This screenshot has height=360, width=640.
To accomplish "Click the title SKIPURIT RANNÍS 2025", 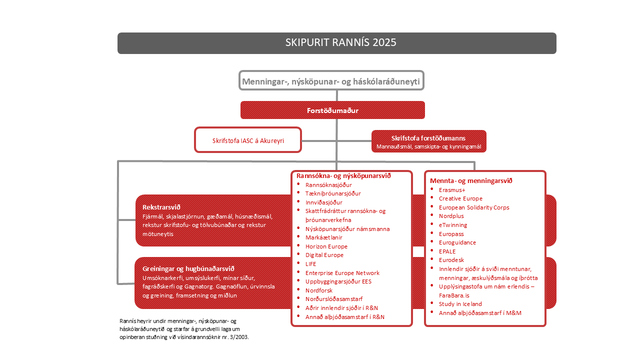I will pos(340,42).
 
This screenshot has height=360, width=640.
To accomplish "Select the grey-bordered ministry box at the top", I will pos(331,81).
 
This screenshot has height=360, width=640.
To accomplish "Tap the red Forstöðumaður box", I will pos(332,110).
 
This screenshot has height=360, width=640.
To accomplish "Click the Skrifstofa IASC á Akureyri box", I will pos(248,140).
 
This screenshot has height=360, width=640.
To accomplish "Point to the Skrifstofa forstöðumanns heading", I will pos(428,138).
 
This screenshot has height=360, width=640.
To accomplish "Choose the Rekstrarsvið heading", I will pos(161,207).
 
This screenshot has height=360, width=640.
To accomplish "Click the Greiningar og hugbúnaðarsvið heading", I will pos(188,268).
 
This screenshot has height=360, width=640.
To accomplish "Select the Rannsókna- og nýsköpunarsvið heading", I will pos(343,176).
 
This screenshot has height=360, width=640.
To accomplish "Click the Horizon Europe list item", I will pos(326,246).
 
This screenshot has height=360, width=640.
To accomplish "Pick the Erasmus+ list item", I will pos(452,190).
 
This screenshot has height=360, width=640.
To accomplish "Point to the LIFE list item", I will pos(311,264).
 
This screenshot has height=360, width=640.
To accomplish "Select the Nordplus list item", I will pos(451,216).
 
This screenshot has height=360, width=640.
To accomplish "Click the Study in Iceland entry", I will pos(460,304).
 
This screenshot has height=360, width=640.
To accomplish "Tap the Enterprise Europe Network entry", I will pos(342,273).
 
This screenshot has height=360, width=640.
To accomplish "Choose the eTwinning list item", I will pos(453,225).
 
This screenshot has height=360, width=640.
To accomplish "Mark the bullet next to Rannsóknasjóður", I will pos(298,184).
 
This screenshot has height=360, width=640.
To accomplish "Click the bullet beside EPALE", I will pos(432,250).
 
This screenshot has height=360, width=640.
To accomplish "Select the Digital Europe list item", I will pos(324,255).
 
